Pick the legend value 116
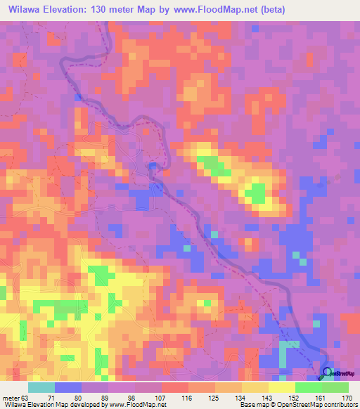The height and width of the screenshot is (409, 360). pos(187,397)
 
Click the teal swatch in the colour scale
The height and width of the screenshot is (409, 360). pos(41,387)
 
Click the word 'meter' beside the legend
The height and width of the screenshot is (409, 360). pos(13,397)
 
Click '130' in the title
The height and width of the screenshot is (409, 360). pos(114,10)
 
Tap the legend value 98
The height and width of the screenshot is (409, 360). pos(134,397)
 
